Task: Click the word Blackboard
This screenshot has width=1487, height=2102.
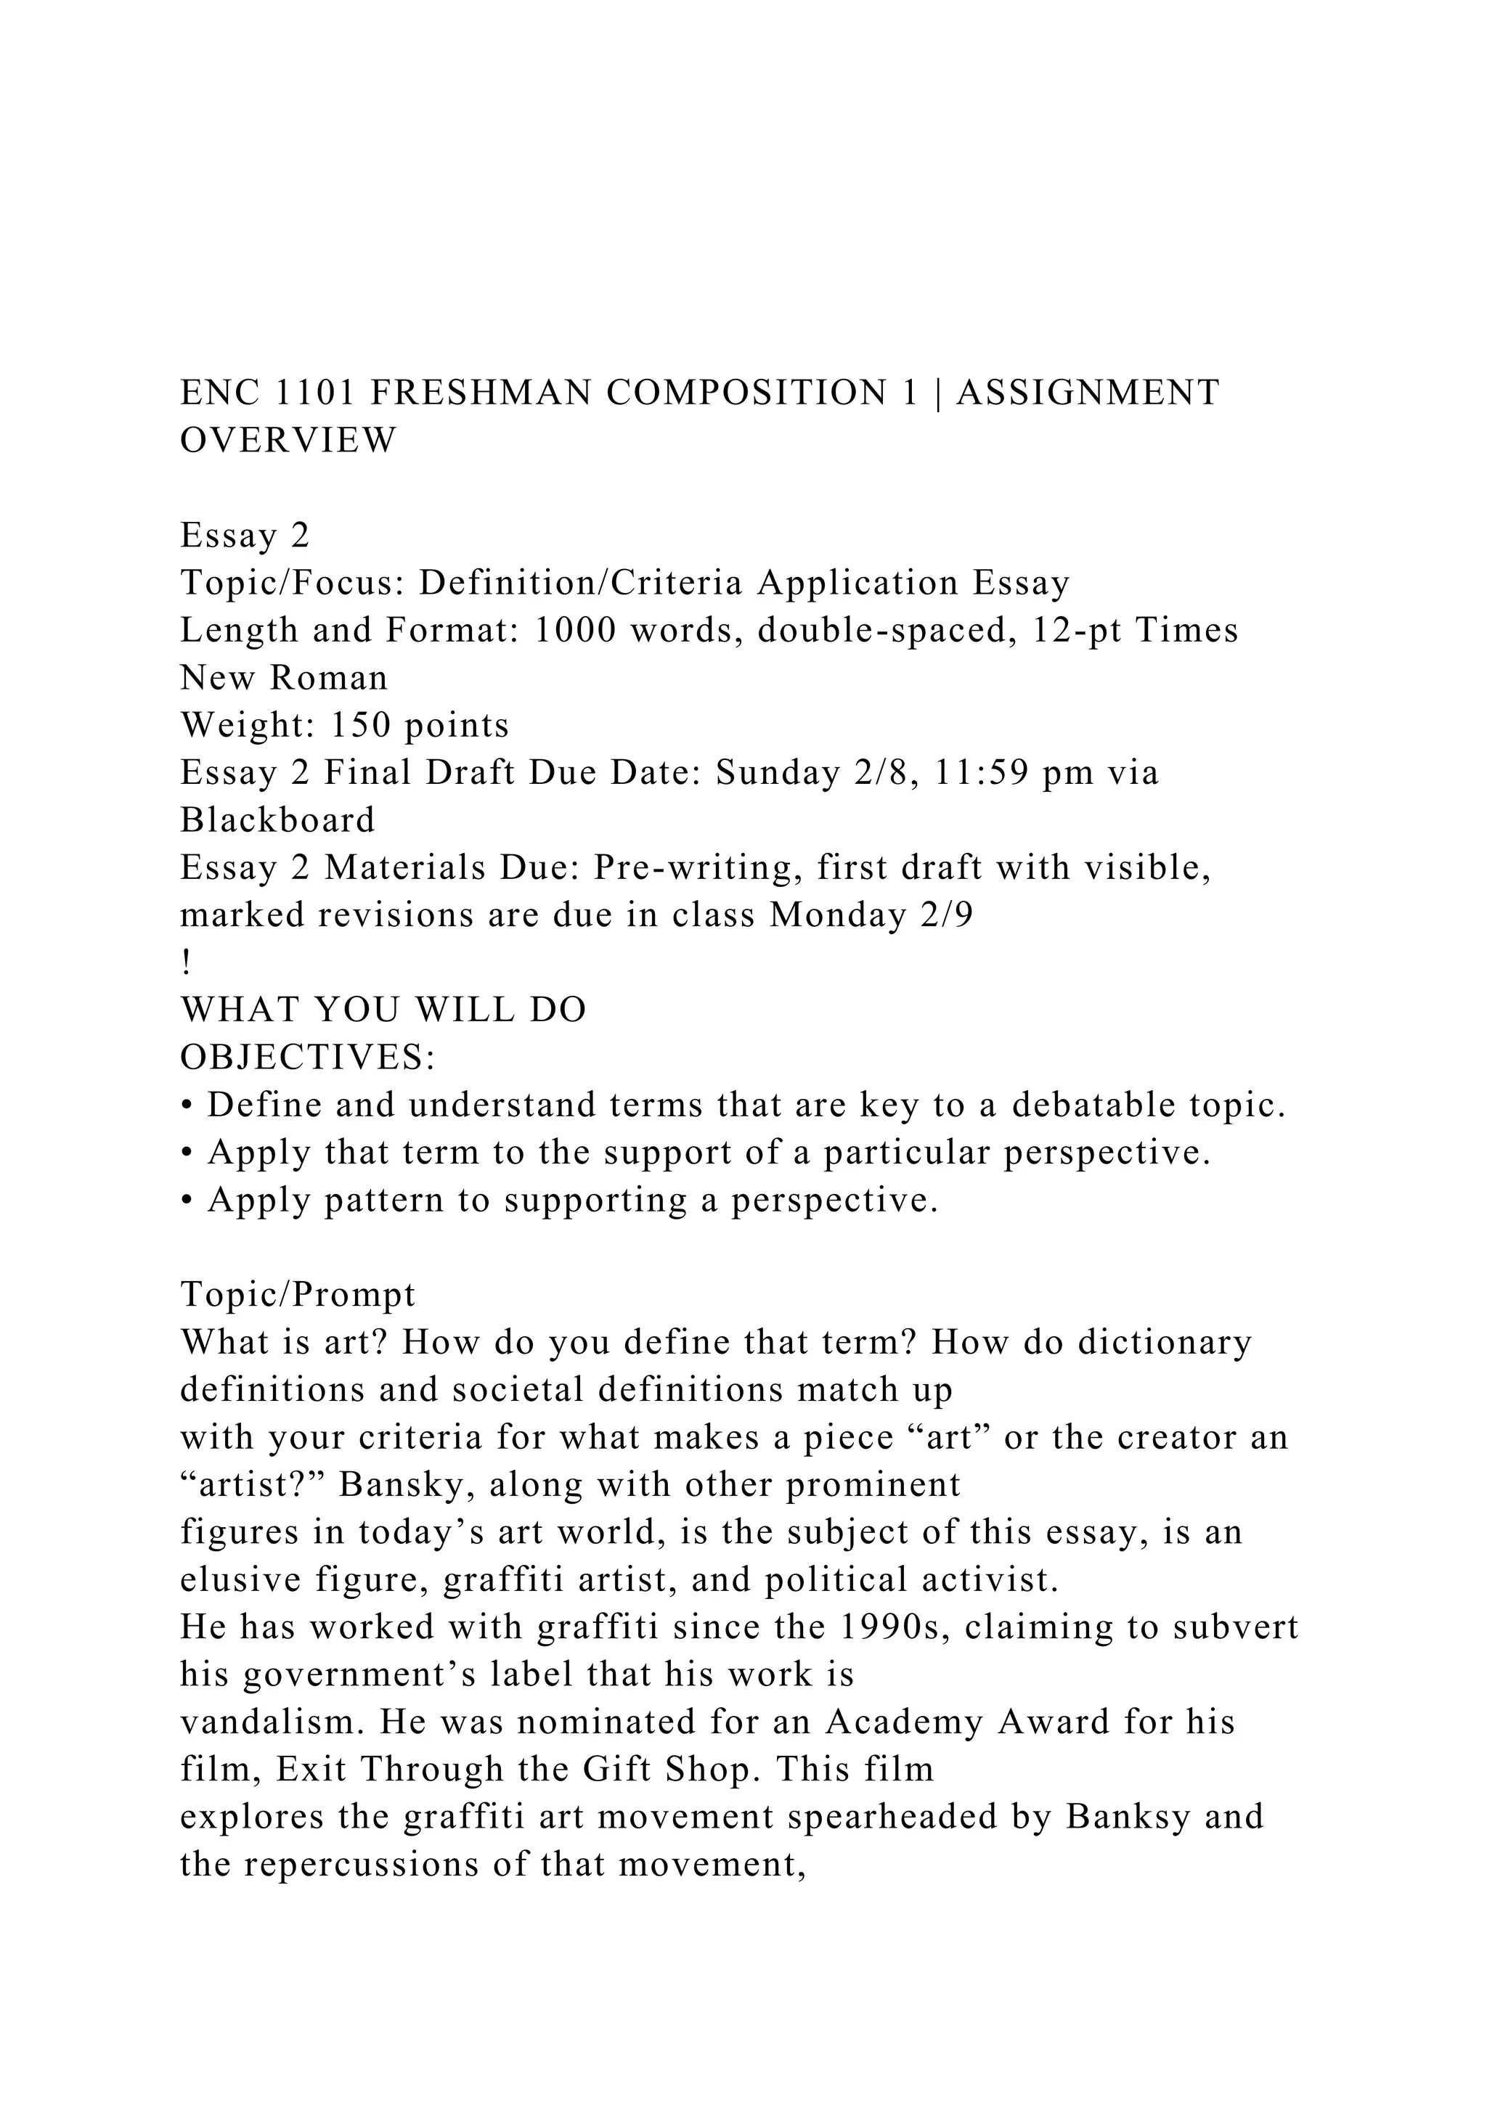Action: point(277,819)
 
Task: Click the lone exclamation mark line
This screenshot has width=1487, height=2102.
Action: point(186,963)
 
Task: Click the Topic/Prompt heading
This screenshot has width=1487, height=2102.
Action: point(298,1295)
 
